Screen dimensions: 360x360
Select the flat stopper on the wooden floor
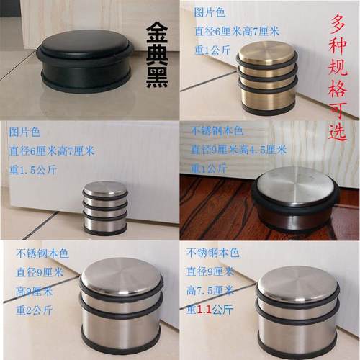pos(295,198)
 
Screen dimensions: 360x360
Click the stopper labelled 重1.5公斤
pos(105,209)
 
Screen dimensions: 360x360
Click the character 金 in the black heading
pos(157,35)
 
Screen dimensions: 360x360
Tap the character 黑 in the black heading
pos(157,78)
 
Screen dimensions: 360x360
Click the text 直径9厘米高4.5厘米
pos(238,150)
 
